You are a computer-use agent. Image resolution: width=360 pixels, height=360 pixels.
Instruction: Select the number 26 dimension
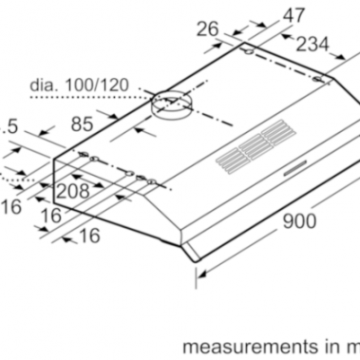tap(208, 30)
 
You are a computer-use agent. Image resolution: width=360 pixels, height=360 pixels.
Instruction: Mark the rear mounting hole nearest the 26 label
tap(248, 53)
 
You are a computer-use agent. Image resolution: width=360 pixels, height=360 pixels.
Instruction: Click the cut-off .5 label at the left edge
tap(10, 124)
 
